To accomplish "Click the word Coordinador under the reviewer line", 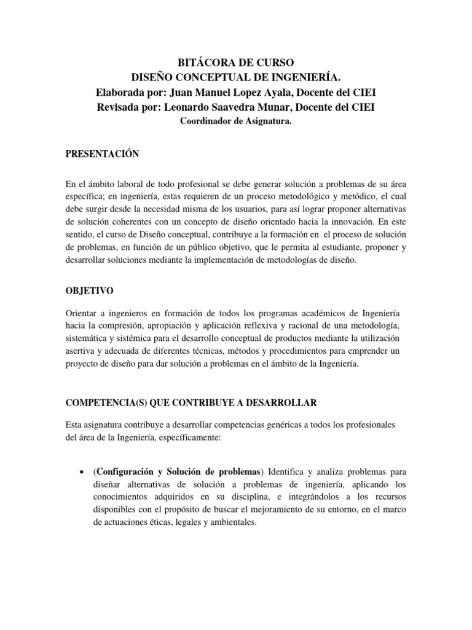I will pyautogui.click(x=206, y=121).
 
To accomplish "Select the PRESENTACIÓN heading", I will pyautogui.click(x=101, y=154).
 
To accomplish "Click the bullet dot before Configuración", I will pyautogui.click(x=83, y=472).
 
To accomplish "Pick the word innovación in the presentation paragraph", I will pyautogui.click(x=353, y=221).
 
